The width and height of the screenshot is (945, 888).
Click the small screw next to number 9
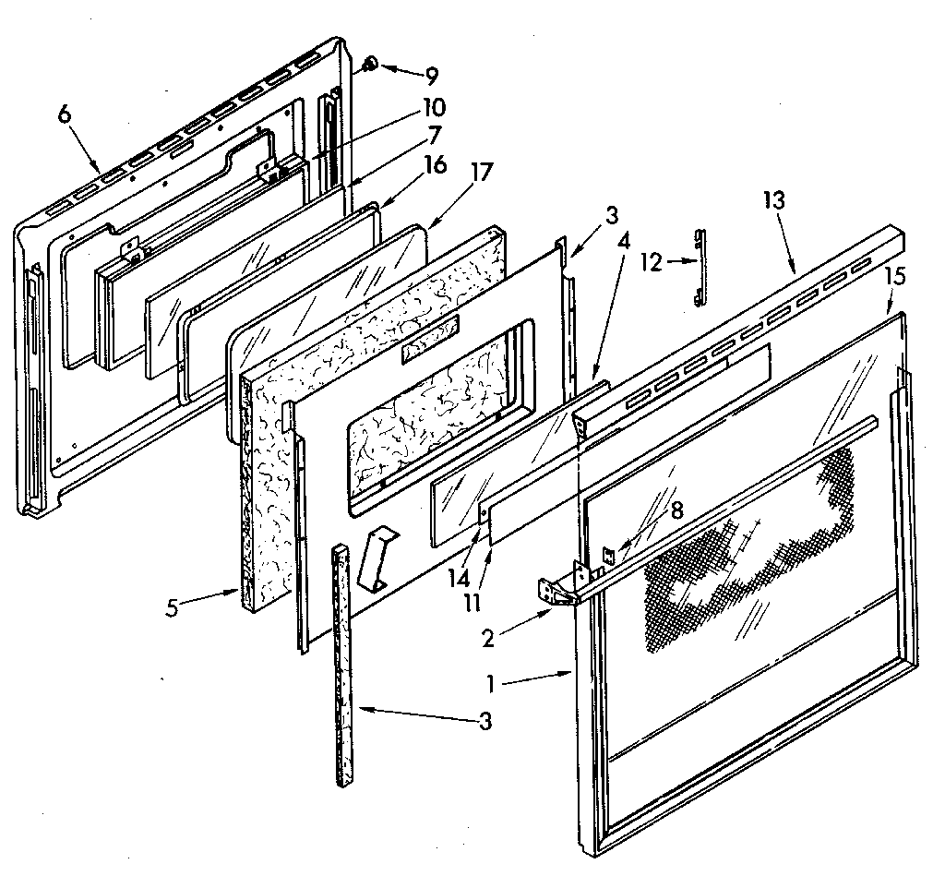click(x=368, y=65)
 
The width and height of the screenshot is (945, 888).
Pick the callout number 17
click(x=482, y=172)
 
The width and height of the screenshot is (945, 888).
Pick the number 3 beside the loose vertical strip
click(x=484, y=721)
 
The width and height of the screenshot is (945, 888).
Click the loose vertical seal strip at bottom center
click(x=343, y=665)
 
